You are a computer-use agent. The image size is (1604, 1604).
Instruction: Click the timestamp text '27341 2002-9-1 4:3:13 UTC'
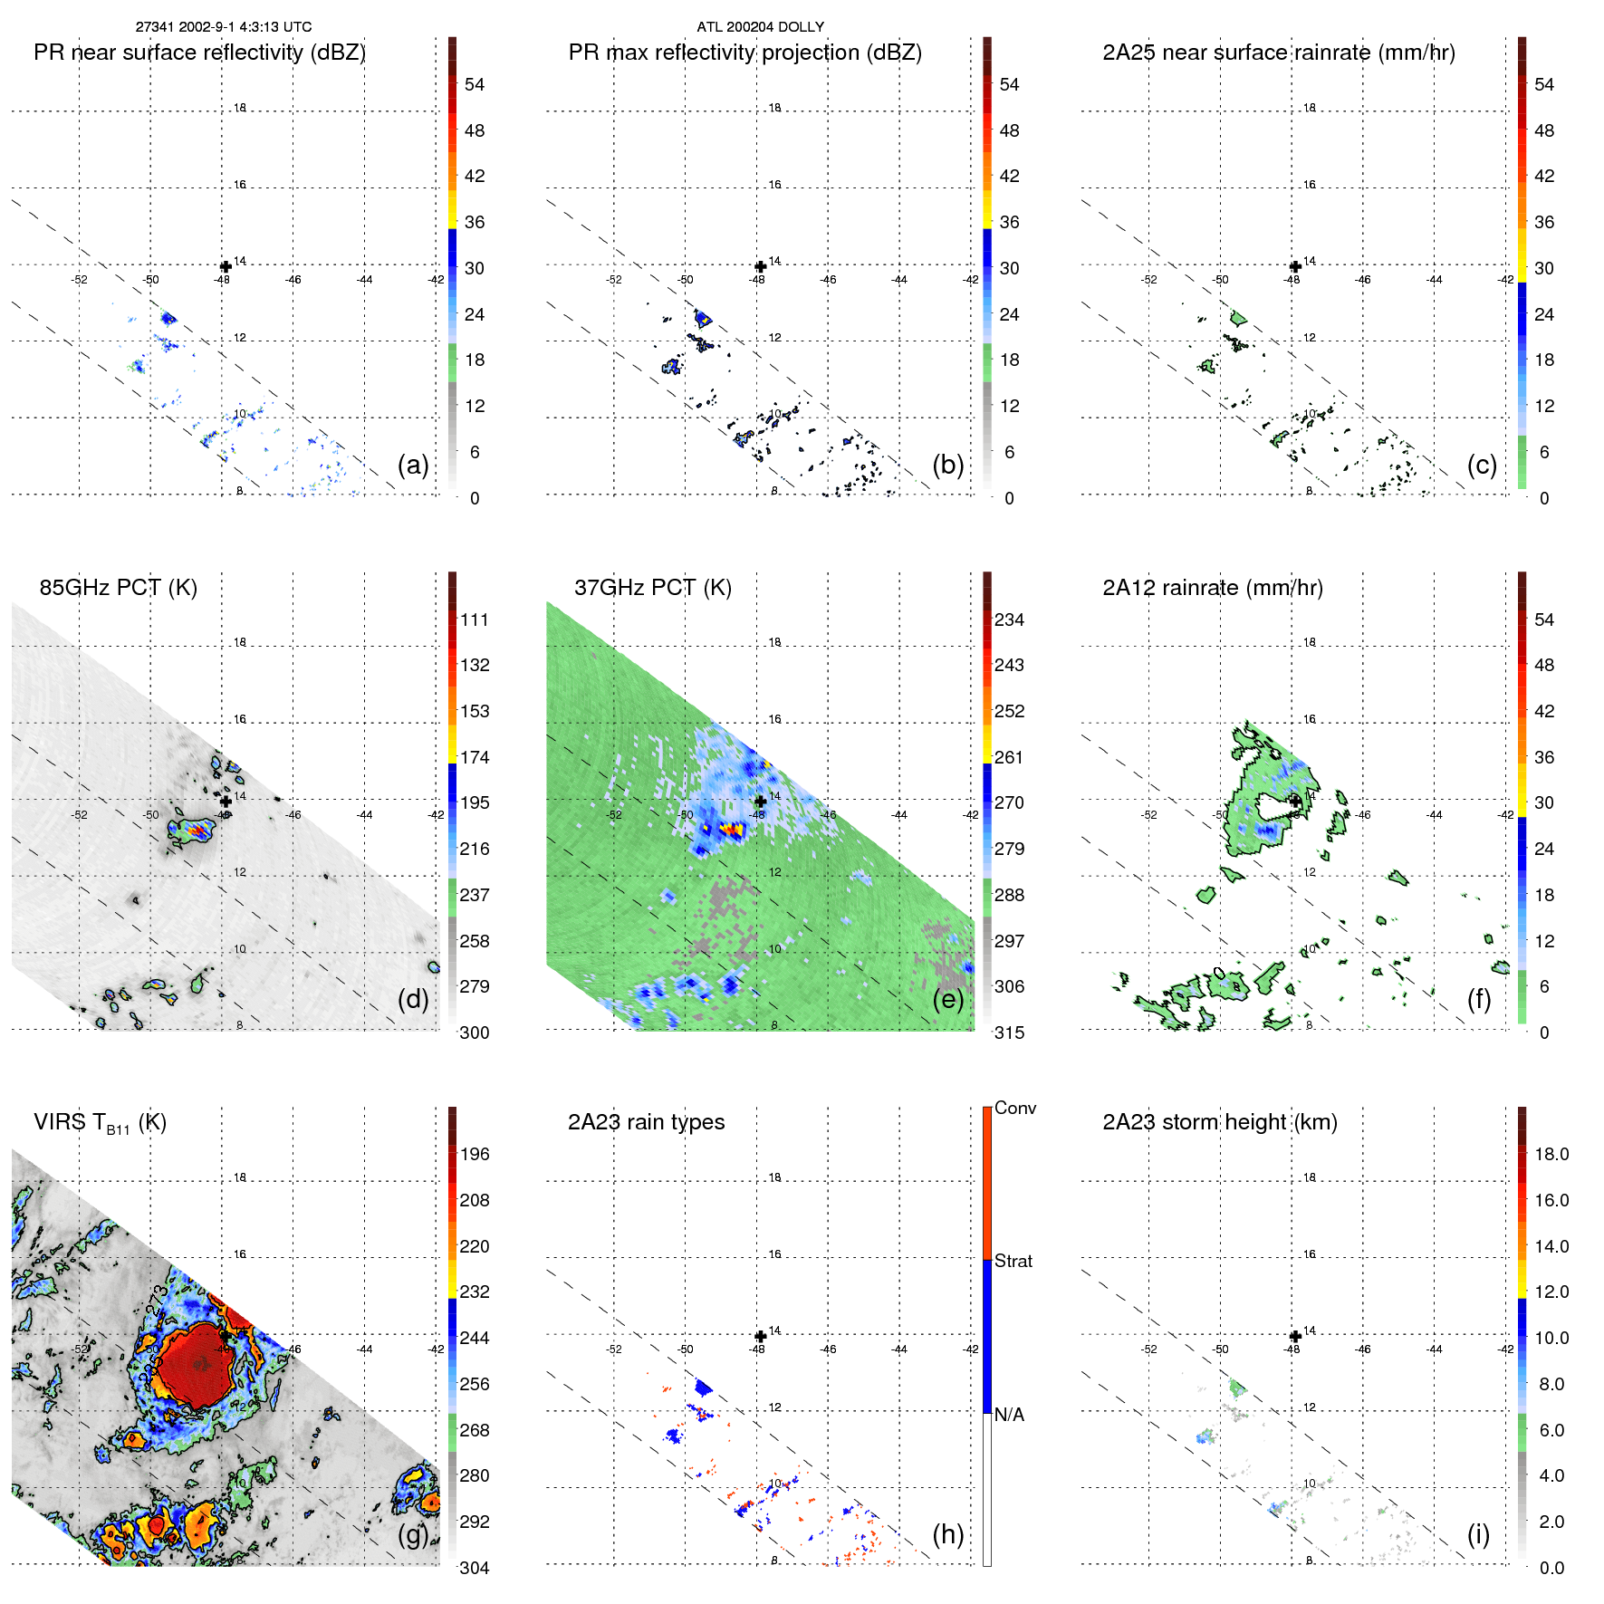[x=224, y=27]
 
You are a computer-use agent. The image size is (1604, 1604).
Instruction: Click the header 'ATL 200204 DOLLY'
[x=760, y=27]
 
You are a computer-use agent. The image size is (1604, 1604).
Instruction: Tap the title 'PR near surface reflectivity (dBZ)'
[x=199, y=53]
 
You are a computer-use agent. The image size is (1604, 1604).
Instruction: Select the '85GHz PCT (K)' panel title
[x=118, y=588]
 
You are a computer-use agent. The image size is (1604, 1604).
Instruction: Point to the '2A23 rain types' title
[x=646, y=1122]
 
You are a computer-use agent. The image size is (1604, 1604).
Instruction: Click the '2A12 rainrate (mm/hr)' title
[x=1212, y=588]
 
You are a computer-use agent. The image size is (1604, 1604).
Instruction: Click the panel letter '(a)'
[x=413, y=465]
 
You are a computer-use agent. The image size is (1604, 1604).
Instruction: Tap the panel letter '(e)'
[x=947, y=999]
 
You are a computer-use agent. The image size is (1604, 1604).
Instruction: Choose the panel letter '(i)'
[x=1478, y=1534]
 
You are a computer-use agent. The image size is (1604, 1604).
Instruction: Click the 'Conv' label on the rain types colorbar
[x=1015, y=1109]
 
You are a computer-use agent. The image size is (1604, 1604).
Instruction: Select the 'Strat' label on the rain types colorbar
[x=1013, y=1262]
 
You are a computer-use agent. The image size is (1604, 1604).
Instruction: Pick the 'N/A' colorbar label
[x=1010, y=1415]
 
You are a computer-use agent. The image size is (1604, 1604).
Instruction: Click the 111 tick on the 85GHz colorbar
[x=475, y=620]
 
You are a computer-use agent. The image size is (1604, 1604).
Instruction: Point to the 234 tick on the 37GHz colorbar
[x=1009, y=620]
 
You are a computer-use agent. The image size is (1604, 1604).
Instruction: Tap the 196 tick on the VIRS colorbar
[x=475, y=1155]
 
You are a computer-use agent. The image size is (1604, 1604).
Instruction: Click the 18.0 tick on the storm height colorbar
[x=1551, y=1155]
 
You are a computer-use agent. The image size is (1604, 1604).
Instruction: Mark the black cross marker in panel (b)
[x=761, y=266]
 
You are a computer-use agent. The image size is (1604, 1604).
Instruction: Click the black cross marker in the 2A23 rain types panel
[x=761, y=1336]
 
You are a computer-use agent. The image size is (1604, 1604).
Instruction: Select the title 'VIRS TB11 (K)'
[x=100, y=1123]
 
